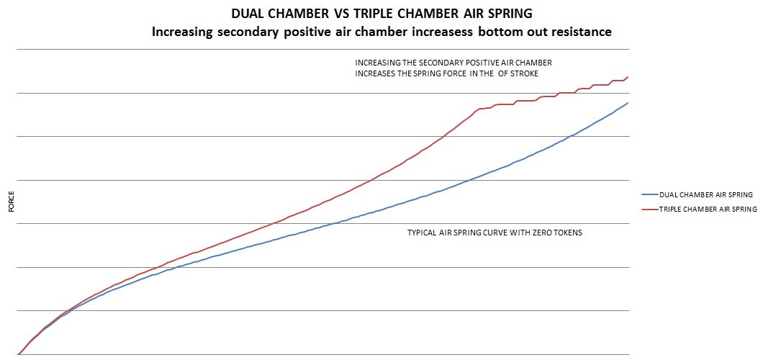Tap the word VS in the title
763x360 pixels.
pyautogui.click(x=339, y=14)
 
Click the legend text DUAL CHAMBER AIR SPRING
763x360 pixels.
pyautogui.click(x=705, y=194)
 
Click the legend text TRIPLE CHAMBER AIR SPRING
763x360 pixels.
pyautogui.click(x=708, y=209)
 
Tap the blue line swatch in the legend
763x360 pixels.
pyautogui.click(x=649, y=194)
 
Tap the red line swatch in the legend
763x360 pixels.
pyautogui.click(x=649, y=209)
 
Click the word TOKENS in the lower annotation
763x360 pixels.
pyautogui.click(x=566, y=233)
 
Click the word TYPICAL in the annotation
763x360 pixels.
pyautogui.click(x=422, y=233)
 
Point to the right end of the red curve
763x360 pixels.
pyautogui.click(x=628, y=77)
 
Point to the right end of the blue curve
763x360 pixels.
pyautogui.click(x=628, y=103)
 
